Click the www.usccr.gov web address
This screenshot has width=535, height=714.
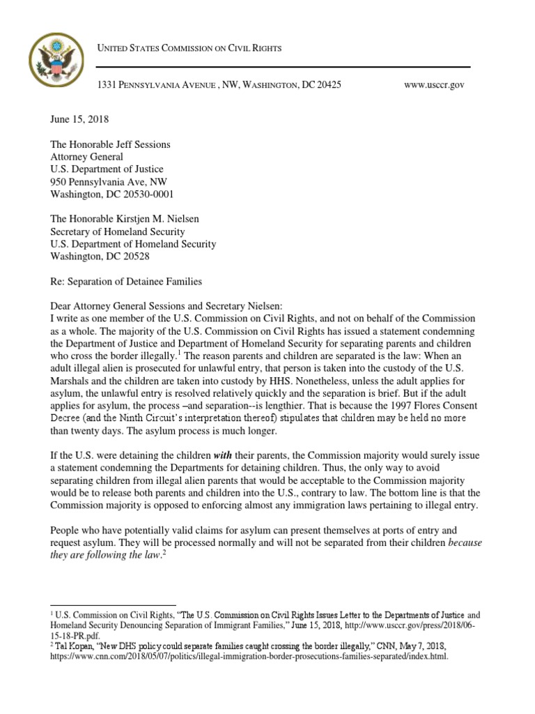click(434, 84)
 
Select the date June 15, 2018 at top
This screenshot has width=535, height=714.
click(79, 119)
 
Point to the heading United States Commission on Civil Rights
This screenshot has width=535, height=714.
click(189, 47)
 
